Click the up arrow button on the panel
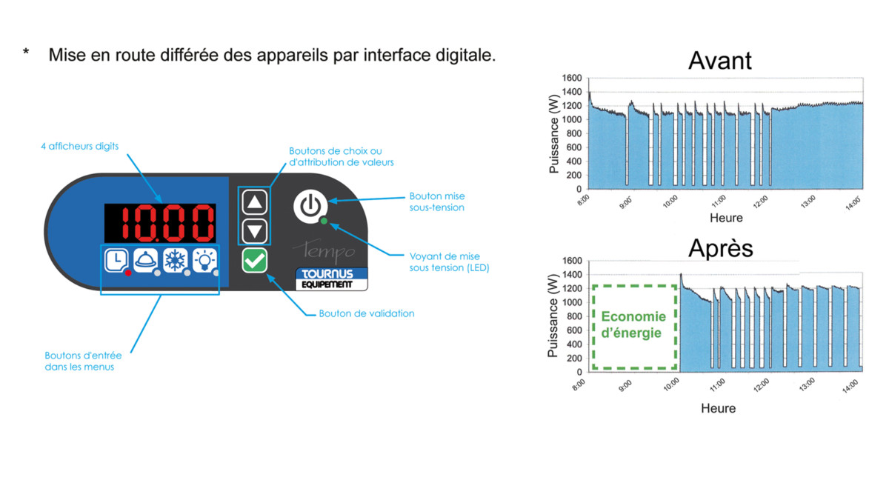pyautogui.click(x=254, y=202)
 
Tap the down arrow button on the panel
pyautogui.click(x=254, y=231)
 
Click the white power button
pyautogui.click(x=310, y=206)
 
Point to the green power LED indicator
pyautogui.click(x=324, y=221)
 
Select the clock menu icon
pyautogui.click(x=117, y=261)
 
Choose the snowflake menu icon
pyautogui.click(x=176, y=261)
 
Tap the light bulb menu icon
pyautogui.click(x=204, y=261)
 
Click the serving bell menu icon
pyautogui.click(x=146, y=261)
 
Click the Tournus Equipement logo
pyautogui.click(x=331, y=279)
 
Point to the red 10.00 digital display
pyautogui.click(x=160, y=223)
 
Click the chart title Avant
pyautogui.click(x=719, y=61)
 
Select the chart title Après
pyautogui.click(x=720, y=248)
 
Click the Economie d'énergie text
pyautogui.click(x=633, y=324)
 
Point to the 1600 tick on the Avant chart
pyautogui.click(x=572, y=78)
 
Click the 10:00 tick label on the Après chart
pyautogui.click(x=671, y=384)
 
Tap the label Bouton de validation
pyautogui.click(x=366, y=313)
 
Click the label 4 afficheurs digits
pyautogui.click(x=80, y=147)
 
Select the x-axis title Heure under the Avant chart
pyautogui.click(x=726, y=218)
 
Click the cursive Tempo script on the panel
pyautogui.click(x=324, y=251)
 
